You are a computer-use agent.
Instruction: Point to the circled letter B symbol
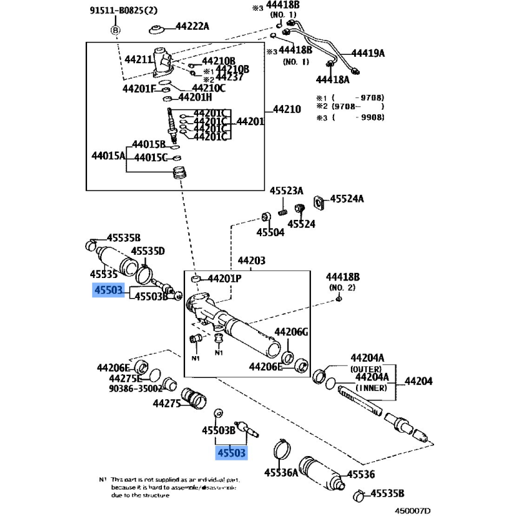point(115,30)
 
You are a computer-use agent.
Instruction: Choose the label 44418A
point(332,80)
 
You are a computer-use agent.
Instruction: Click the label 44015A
point(108,155)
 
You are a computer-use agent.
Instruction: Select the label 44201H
point(195,97)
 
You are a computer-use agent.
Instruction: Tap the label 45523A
point(287,191)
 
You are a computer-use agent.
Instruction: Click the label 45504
point(270,232)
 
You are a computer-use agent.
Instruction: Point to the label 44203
point(252,261)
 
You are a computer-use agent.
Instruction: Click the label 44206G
point(292,332)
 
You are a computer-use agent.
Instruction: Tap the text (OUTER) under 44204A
point(367,368)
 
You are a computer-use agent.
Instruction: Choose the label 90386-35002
point(135,390)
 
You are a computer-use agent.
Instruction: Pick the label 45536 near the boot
point(362,475)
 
